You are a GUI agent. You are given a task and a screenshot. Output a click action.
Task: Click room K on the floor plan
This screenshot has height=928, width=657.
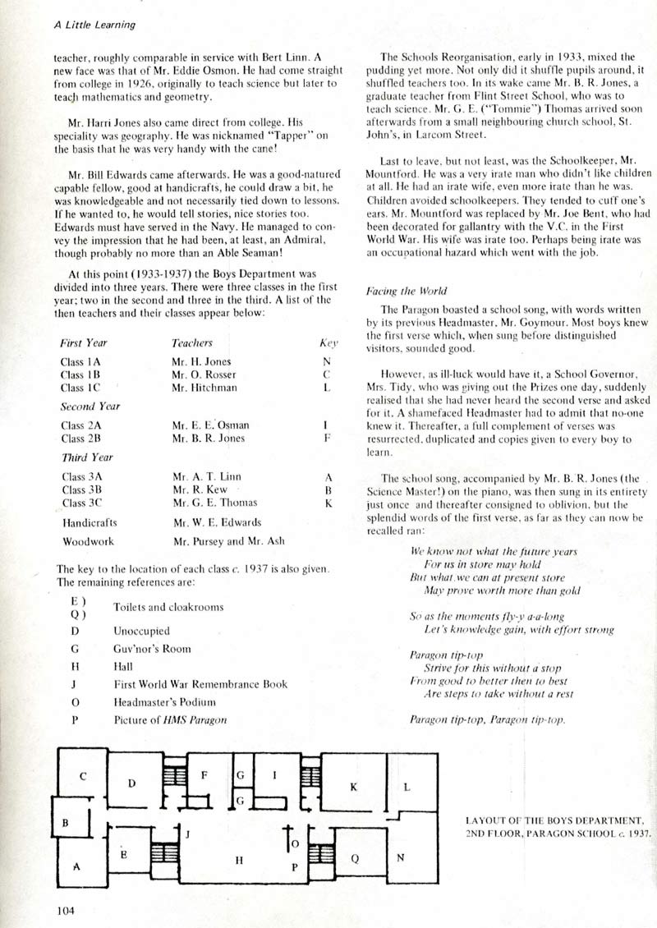tap(354, 787)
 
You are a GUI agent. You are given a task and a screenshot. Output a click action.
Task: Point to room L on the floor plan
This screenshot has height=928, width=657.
tap(406, 786)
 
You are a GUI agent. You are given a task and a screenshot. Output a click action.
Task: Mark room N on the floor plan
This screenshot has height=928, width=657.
tap(400, 858)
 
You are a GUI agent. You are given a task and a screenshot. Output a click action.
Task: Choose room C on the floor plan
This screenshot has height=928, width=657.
tap(83, 776)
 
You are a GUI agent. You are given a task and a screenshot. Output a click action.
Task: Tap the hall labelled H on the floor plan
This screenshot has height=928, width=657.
tap(239, 861)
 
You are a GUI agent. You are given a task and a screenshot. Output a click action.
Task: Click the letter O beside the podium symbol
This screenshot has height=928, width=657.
tap(295, 843)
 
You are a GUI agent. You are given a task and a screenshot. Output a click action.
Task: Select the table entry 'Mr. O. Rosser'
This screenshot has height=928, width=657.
tap(203, 374)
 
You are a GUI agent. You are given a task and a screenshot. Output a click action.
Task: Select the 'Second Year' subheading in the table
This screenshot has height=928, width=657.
tap(90, 406)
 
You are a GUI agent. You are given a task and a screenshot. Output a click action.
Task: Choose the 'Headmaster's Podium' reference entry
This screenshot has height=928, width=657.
tap(164, 702)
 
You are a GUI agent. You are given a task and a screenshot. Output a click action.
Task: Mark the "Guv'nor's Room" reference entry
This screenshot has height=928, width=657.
tap(152, 649)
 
